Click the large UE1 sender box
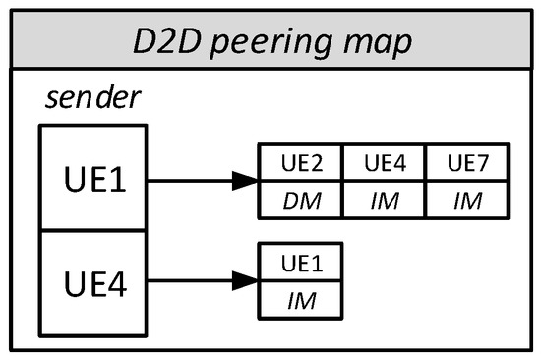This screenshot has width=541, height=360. pyautogui.click(x=92, y=180)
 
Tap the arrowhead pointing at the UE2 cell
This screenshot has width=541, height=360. pyautogui.click(x=246, y=181)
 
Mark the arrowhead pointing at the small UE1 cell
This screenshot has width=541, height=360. pyautogui.click(x=246, y=280)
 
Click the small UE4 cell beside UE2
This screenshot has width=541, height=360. pyautogui.click(x=384, y=162)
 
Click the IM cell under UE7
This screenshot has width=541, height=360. pyautogui.click(x=466, y=201)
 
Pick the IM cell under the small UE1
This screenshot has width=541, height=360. pyautogui.click(x=300, y=301)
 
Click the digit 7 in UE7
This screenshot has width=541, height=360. pyautogui.click(x=483, y=162)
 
